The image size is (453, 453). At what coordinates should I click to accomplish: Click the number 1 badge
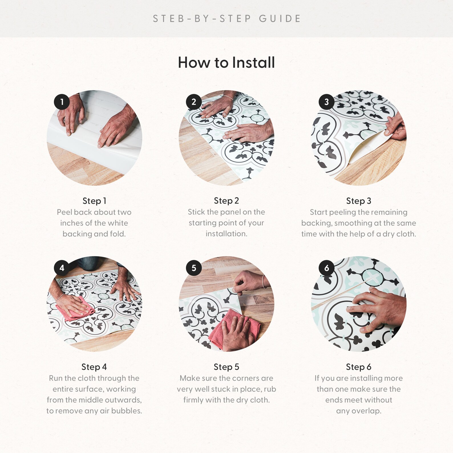(x=62, y=102)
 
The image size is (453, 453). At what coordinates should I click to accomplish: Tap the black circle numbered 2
(x=194, y=102)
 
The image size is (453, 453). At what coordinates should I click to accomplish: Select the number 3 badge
(x=327, y=102)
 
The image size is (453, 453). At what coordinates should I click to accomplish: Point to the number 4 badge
(x=62, y=268)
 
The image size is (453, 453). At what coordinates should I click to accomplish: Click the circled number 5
(x=194, y=268)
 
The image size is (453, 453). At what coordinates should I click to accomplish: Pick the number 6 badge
(x=327, y=268)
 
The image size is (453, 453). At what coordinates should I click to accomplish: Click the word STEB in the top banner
(x=169, y=19)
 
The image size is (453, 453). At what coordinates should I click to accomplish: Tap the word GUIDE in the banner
(x=280, y=19)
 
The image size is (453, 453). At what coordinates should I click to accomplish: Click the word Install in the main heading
(x=254, y=62)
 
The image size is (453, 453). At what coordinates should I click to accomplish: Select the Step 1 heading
(x=94, y=201)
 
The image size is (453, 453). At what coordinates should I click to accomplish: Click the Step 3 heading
(x=359, y=201)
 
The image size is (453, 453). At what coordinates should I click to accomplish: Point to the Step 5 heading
(x=226, y=367)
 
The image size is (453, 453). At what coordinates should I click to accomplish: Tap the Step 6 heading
(x=359, y=367)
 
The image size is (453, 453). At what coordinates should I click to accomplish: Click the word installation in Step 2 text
(x=226, y=234)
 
